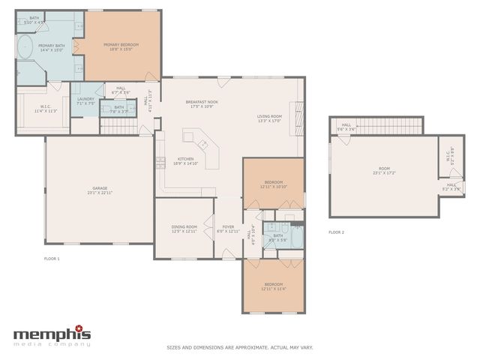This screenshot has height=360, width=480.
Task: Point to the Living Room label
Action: point(268,118)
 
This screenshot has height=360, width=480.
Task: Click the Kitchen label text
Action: point(186,160)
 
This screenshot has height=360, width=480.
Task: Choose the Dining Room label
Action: point(184,229)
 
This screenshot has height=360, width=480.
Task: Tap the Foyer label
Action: point(228,229)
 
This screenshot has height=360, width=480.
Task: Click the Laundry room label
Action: point(85,101)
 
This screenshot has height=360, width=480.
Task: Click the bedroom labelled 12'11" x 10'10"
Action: point(273,184)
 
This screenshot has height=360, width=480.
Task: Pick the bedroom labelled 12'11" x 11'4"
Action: point(273,286)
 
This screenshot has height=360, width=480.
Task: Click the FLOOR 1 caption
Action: point(52,259)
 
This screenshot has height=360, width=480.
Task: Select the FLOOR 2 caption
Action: point(336,232)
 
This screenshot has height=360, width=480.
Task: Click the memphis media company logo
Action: point(52,335)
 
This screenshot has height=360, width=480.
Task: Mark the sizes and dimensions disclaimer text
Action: point(240,347)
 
